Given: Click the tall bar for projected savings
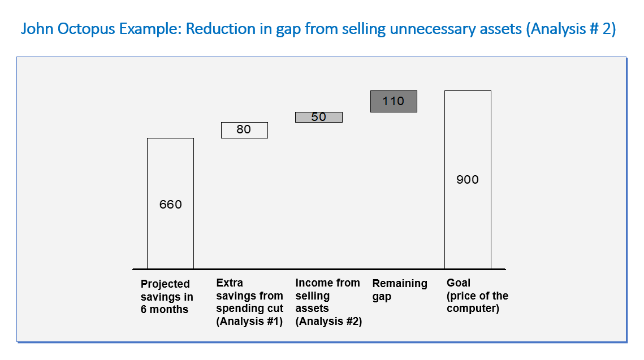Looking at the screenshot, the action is pos(170,203).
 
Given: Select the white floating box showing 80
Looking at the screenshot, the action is pos(244,130).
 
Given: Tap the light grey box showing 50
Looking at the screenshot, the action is pos(319,117).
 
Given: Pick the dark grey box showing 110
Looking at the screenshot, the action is pos(394,101).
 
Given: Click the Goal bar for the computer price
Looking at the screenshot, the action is pos(468,180).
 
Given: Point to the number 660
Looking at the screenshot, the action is pos(170,205).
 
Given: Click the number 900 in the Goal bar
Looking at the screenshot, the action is pos(468,179).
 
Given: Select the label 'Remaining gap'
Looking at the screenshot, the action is pos(400,290).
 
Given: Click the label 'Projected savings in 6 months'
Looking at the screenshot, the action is pos(167,296).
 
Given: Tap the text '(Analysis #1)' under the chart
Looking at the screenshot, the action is pos(249,321).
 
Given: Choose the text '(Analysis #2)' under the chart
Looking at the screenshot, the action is pos(329,321).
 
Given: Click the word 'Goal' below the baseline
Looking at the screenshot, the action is pos(459,283).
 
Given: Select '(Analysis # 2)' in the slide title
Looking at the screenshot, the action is pos(571,29).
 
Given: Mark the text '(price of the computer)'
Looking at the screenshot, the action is pos(477,302).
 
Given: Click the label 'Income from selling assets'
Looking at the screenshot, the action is pos(327,296).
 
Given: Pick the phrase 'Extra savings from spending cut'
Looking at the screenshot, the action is pos(250,296).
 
